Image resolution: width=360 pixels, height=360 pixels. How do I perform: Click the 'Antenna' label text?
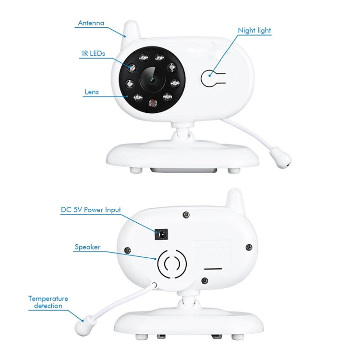click(91, 23)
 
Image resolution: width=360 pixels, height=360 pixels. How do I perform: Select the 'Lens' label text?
click(91, 91)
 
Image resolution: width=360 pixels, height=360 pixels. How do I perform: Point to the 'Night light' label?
click(254, 30)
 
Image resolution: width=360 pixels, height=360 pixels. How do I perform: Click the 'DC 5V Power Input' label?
click(91, 210)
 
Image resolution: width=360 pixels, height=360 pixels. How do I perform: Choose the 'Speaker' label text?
click(87, 247)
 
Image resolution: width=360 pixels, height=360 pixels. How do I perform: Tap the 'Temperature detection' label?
click(48, 302)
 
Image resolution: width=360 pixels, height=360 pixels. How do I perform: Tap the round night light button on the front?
click(210, 78)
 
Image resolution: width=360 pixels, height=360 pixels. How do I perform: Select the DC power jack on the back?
click(162, 234)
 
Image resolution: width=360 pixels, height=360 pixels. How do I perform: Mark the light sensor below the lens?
click(151, 102)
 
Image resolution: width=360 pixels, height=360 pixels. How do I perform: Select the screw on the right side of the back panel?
click(248, 247)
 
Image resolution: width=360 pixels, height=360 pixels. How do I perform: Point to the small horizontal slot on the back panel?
click(212, 269)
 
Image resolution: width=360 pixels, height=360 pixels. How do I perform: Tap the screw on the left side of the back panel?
click(128, 250)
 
